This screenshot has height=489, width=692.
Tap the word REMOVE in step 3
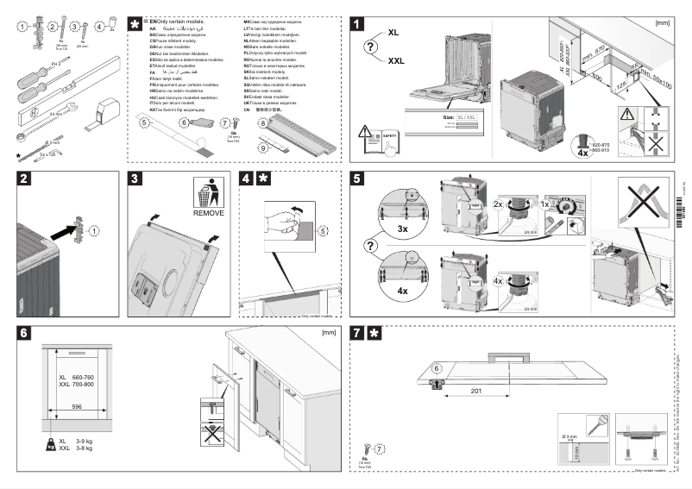(208, 212)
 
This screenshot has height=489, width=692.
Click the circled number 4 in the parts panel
(99, 27)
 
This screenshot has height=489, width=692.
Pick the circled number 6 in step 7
(436, 368)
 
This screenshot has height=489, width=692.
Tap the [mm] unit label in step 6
(328, 332)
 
